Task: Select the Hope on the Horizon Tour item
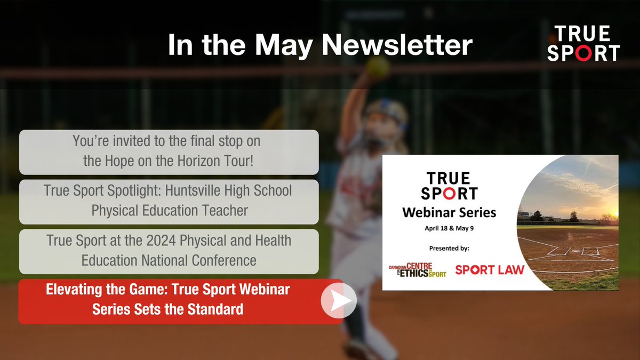(x=169, y=152)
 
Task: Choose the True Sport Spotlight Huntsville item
(x=169, y=202)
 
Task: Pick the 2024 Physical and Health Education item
(x=169, y=251)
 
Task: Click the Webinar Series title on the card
(x=449, y=213)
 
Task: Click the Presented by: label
(x=449, y=249)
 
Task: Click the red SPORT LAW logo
(x=489, y=269)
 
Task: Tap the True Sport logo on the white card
(x=449, y=185)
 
